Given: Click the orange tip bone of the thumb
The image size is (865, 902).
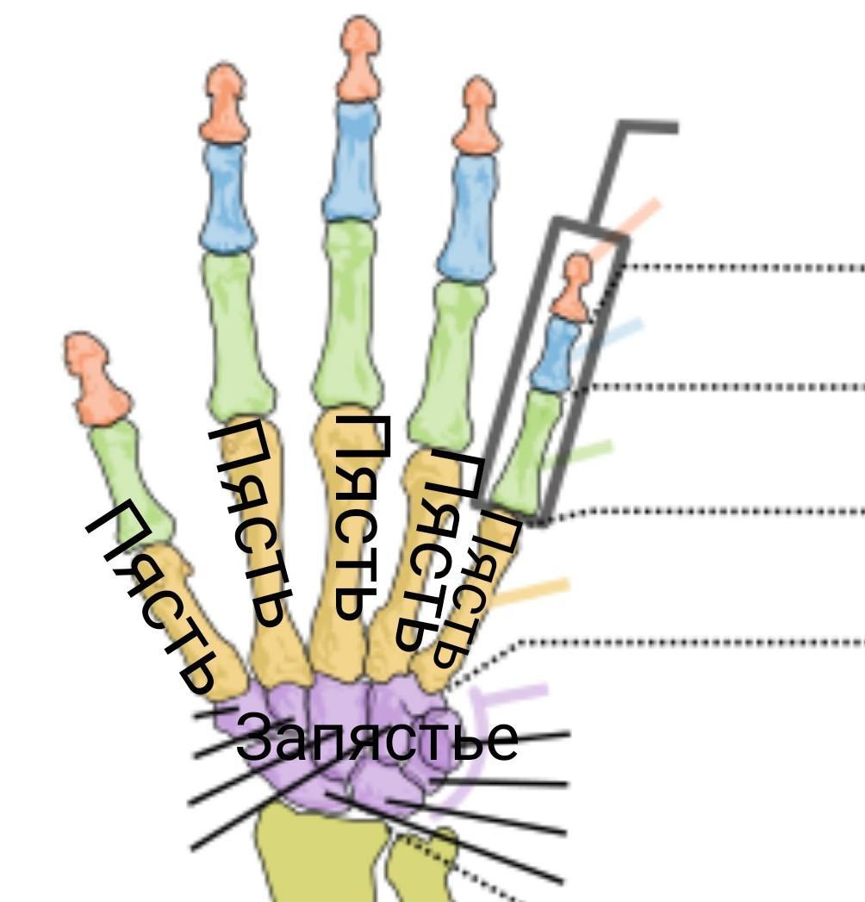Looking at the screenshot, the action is click(95, 375).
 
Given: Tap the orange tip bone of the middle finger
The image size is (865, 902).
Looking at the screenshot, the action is click(358, 60).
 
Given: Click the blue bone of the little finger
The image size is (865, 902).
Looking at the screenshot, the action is click(556, 353).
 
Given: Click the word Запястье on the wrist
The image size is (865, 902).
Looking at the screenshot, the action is click(376, 738).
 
